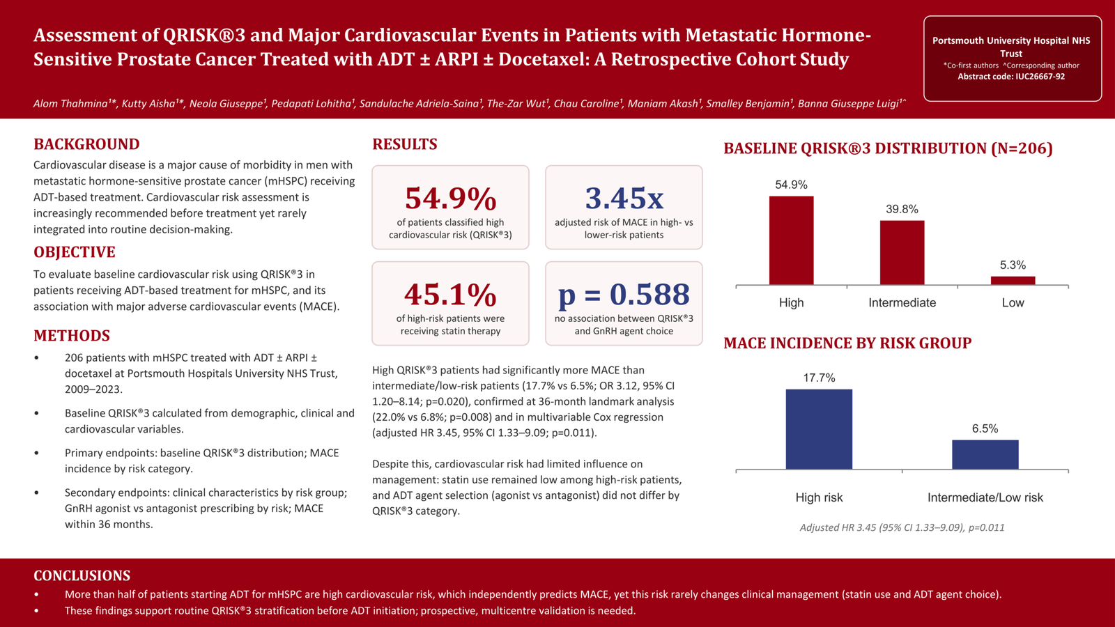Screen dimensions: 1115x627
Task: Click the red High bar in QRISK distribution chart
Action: click(x=791, y=240)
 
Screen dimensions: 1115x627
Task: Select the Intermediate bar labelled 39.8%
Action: click(x=902, y=253)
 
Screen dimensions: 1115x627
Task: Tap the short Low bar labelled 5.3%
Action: click(x=1013, y=281)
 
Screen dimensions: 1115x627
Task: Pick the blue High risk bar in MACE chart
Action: click(x=819, y=429)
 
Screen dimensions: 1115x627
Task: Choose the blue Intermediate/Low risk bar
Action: click(x=985, y=454)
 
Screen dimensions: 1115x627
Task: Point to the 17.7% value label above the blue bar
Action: click(x=819, y=378)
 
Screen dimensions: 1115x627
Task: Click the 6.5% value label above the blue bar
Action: click(x=985, y=428)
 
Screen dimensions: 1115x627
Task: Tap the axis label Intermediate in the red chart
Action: click(x=902, y=302)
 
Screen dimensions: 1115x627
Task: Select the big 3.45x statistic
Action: click(x=624, y=198)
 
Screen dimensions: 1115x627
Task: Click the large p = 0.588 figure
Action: click(x=624, y=294)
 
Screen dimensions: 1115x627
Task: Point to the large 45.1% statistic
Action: click(x=450, y=294)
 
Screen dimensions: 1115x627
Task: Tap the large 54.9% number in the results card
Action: click(x=450, y=198)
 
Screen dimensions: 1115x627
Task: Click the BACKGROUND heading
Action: click(x=86, y=144)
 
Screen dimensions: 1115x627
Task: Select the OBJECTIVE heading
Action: click(x=74, y=252)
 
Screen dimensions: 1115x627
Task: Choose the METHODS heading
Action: click(x=72, y=336)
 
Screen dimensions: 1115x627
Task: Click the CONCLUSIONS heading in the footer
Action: click(x=82, y=575)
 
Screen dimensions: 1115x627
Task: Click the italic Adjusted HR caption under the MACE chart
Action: click(x=902, y=527)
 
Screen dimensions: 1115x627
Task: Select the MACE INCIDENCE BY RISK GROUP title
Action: click(x=847, y=343)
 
